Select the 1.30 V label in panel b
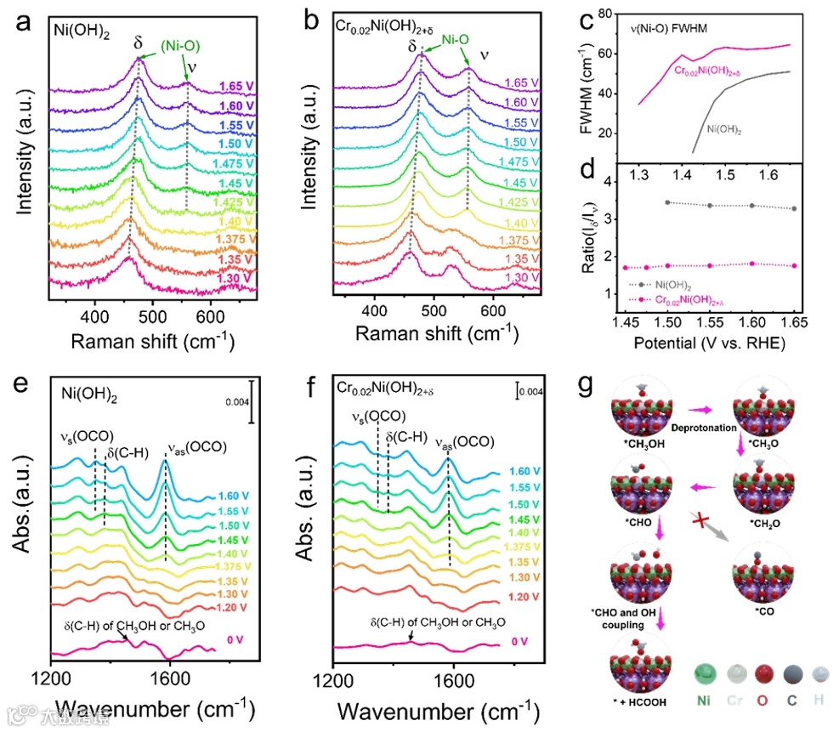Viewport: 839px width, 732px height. [522, 277]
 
